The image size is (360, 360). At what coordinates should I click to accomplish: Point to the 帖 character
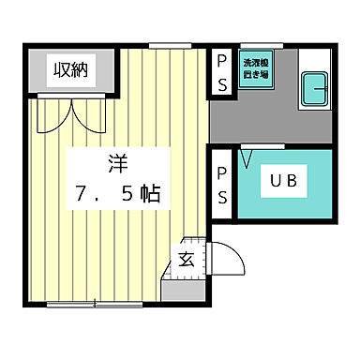pos(149,196)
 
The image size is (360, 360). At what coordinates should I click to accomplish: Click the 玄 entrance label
pos(187,259)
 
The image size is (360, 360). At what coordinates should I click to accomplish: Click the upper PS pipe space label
pos(221,69)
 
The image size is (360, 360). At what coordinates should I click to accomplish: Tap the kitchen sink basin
pos(314,90)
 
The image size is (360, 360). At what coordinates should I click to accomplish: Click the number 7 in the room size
pos(82,196)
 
